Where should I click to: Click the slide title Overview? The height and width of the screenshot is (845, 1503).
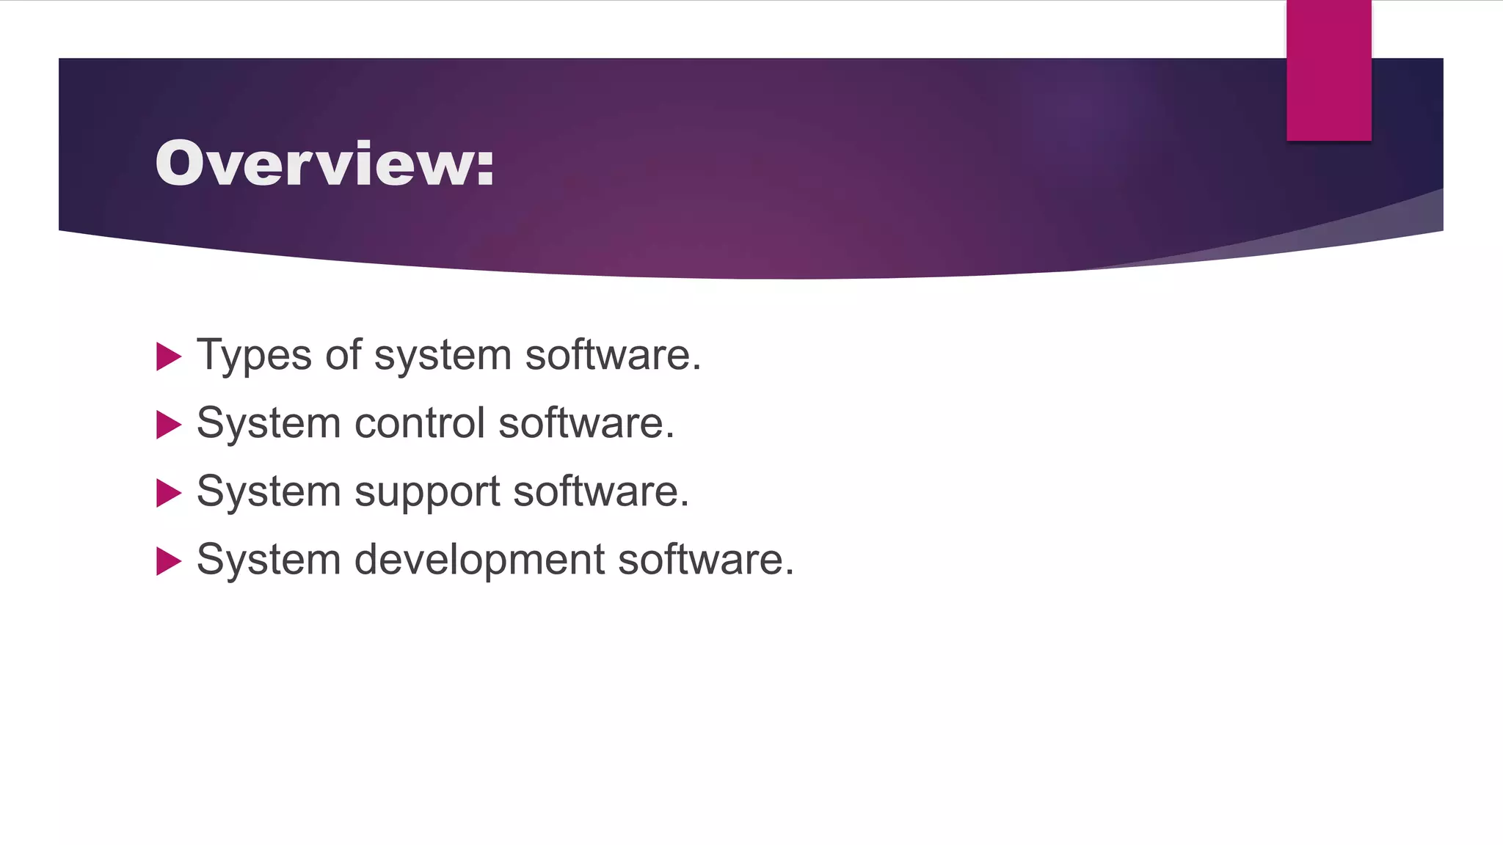point(324,163)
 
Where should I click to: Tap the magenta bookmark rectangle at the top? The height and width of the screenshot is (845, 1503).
point(1328,70)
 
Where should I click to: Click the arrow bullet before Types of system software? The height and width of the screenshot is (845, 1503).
point(169,356)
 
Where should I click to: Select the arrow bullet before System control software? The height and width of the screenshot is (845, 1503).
point(169,425)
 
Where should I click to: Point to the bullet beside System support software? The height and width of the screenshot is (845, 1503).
point(169,493)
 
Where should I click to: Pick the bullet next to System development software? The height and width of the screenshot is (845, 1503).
point(169,561)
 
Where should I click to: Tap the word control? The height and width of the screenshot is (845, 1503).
point(420,423)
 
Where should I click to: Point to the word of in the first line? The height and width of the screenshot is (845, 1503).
point(343,355)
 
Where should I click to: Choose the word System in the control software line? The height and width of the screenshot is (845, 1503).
point(269,423)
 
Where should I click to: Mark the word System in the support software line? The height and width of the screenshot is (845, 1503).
point(269,491)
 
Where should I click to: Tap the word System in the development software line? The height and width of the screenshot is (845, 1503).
point(269,560)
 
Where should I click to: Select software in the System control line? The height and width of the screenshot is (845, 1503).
point(586,423)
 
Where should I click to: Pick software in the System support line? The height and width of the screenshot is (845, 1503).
point(600,491)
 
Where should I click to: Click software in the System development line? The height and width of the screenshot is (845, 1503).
point(705,560)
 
